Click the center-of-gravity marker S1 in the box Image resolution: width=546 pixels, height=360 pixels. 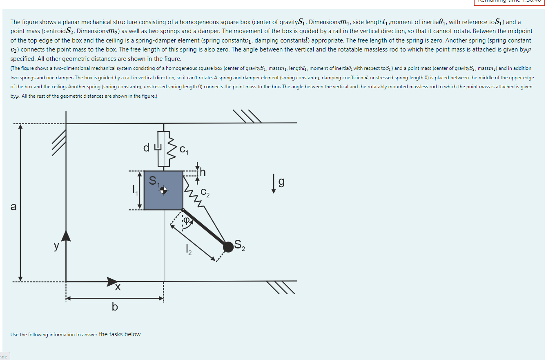[163, 190]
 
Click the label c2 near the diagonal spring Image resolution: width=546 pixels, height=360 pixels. [205, 193]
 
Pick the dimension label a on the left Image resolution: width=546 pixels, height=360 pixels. [13, 207]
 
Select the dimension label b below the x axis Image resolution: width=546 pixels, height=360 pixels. [115, 306]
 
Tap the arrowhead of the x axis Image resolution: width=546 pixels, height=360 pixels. [112, 281]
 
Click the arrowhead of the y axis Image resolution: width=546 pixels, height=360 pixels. [66, 236]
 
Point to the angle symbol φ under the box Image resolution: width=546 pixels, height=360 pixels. [186, 221]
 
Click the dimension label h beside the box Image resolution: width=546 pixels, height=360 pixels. [203, 172]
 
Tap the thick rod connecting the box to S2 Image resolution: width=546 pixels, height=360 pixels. [204, 228]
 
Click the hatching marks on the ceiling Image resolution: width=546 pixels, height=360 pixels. [247, 116]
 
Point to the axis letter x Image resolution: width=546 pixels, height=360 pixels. [118, 288]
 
